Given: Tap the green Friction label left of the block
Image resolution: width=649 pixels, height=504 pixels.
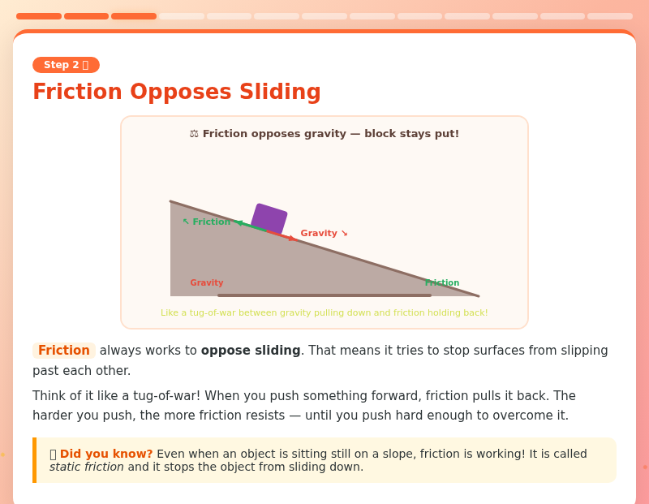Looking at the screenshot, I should pos(207,222).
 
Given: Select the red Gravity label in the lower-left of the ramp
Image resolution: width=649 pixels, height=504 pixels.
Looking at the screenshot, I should pos(207,282).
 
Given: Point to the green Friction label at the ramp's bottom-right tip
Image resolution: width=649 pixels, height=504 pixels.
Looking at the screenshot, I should pos(442,282).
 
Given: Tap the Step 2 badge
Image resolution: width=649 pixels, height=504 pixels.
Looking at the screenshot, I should pos(66,65).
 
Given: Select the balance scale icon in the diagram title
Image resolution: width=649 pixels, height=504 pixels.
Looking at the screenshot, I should pos(194,134).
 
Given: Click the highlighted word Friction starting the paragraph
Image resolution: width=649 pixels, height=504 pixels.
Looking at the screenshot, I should pos(64,351).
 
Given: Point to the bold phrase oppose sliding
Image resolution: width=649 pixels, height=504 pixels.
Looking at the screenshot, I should pos(251,351).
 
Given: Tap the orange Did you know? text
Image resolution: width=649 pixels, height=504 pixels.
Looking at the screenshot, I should pos(106,454).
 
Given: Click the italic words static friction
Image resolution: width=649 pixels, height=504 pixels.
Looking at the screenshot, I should pos(87,467).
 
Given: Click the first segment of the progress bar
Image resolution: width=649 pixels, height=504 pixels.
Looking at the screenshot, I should pos(39,16).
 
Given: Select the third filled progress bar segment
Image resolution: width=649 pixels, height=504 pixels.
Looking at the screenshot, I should pos(134,16).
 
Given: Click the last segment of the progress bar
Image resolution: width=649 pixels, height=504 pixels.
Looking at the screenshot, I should pos(610,16).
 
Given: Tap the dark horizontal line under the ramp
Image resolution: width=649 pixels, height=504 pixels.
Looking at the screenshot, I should pos(324,295).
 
